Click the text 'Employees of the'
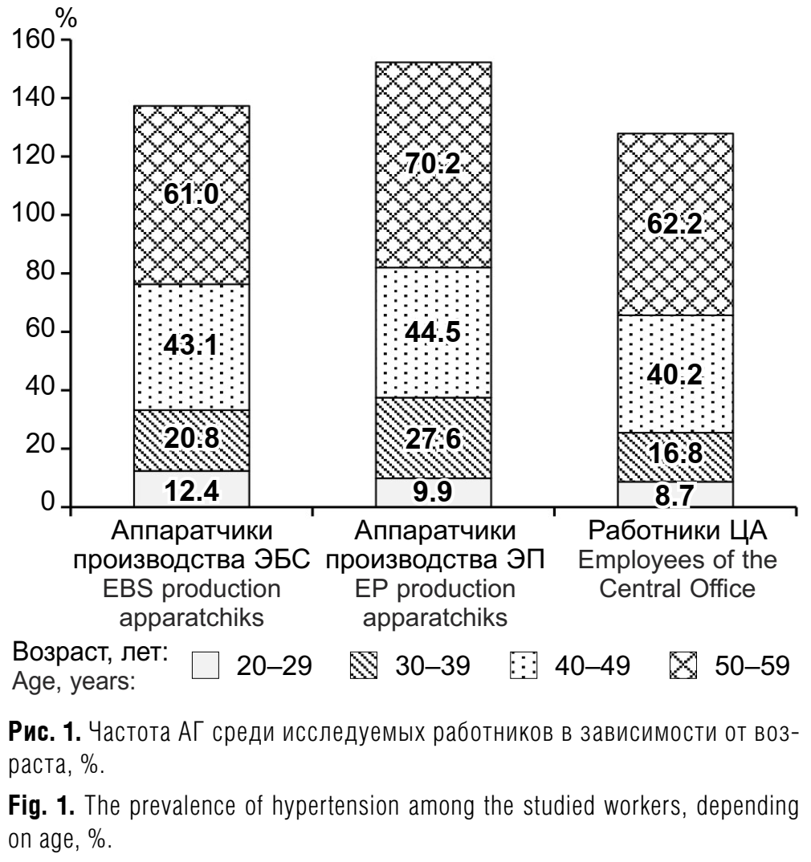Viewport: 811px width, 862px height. click(674, 560)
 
